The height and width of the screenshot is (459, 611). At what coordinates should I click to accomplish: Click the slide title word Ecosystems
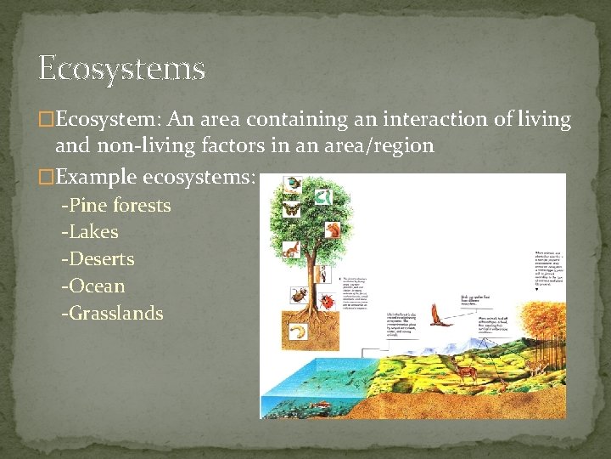click(121, 68)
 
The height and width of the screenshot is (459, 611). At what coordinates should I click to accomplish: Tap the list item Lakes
click(90, 231)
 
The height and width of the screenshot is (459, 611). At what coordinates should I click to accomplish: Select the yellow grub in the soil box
click(298, 330)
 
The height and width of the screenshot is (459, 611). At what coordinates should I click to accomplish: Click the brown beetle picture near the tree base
click(299, 295)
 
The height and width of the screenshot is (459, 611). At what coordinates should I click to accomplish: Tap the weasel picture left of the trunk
click(291, 249)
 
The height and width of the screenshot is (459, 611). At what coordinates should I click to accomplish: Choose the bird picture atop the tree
click(293, 183)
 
